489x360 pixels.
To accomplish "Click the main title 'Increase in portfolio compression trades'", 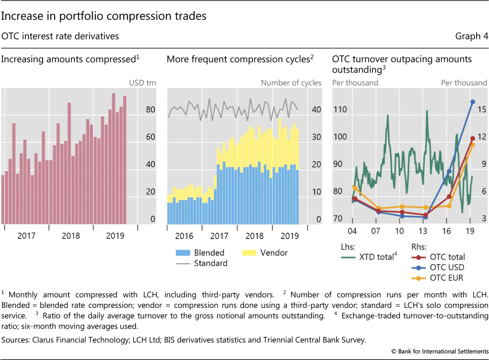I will click(104, 16).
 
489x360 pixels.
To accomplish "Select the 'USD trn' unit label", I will click(140, 83).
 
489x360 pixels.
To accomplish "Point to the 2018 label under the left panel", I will click(71, 236).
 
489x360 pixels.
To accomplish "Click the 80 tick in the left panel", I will click(136, 110).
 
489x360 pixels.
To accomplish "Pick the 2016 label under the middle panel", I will click(184, 236).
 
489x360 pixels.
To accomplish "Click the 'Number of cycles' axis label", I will click(291, 83).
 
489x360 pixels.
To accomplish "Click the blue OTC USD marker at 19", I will click(472, 102).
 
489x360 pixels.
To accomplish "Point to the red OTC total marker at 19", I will click(472, 138).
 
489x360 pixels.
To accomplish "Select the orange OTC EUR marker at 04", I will click(354, 188).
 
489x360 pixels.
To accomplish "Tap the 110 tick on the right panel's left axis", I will click(340, 110).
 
